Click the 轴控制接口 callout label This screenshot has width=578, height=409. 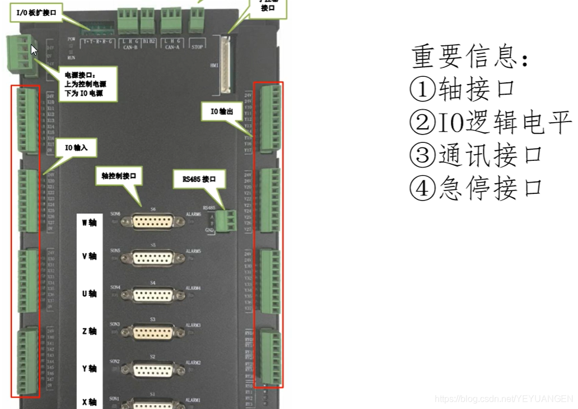click(x=119, y=175)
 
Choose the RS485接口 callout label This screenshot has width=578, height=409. click(x=203, y=180)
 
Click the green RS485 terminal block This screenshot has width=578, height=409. click(x=227, y=220)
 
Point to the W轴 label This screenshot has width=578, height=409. click(x=89, y=222)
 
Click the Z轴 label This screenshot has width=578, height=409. click(x=89, y=331)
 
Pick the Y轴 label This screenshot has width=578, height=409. click(x=89, y=369)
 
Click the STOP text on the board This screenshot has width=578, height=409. click(x=197, y=48)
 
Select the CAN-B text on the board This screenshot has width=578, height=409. click(x=130, y=48)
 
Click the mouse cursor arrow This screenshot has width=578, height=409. click(x=34, y=50)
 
